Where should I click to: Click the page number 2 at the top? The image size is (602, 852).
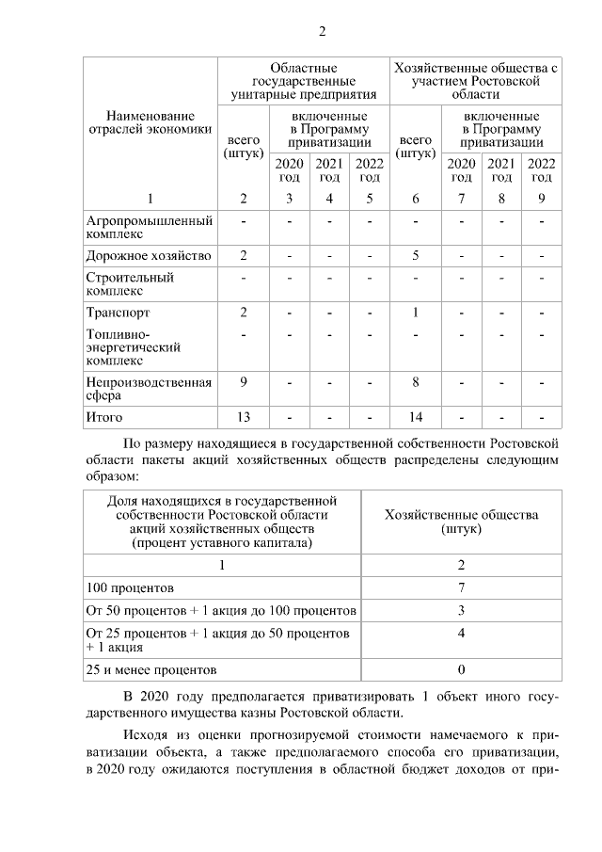(321, 32)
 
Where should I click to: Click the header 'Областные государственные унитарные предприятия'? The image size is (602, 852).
(303, 82)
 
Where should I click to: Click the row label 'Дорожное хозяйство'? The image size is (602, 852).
(148, 255)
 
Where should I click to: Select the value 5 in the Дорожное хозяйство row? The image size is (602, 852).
(415, 255)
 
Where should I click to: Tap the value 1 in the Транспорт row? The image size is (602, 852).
(415, 313)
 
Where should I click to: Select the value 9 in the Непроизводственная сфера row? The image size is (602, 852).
(244, 381)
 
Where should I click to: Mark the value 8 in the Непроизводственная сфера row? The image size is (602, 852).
(415, 381)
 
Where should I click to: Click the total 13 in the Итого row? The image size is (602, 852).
(244, 416)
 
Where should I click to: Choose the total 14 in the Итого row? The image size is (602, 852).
(415, 416)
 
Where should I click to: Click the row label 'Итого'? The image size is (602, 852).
(104, 416)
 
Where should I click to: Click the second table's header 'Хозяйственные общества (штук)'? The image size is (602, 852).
(461, 522)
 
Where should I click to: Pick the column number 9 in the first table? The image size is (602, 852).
(542, 198)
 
